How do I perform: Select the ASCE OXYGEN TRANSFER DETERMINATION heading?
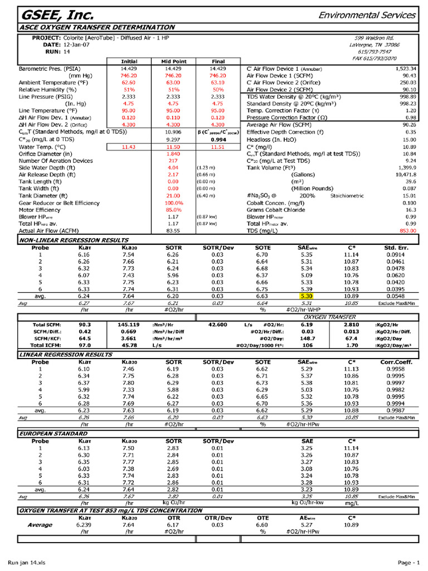[97, 27]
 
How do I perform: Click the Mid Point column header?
[173, 61]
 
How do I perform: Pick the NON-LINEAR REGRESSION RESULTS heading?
[74, 239]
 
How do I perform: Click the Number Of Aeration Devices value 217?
[173, 161]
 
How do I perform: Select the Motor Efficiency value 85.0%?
[173, 210]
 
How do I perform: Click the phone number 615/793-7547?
[382, 51]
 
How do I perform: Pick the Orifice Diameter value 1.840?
[173, 153]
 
